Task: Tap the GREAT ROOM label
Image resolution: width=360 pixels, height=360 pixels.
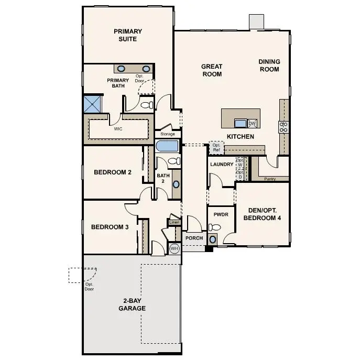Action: (212, 70)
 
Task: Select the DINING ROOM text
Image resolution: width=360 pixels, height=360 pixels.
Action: (269, 66)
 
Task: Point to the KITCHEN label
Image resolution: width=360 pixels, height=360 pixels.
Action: (240, 137)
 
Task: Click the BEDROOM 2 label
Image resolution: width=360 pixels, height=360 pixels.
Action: (112, 172)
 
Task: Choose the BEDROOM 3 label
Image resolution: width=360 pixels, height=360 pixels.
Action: (110, 227)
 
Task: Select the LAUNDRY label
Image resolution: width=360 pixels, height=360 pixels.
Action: (221, 165)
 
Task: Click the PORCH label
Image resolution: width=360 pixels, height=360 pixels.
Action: (194, 238)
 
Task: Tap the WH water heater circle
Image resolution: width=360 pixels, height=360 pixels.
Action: (174, 248)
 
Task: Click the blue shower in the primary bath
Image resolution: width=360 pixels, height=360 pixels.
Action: (92, 103)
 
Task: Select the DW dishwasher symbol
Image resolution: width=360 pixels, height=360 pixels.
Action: (252, 124)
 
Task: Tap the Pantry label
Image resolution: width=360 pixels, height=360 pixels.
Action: (270, 179)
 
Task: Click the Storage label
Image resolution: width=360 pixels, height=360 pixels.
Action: (168, 134)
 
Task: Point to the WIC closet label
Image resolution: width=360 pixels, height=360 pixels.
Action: (118, 128)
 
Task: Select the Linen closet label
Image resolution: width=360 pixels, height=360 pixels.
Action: (174, 223)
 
